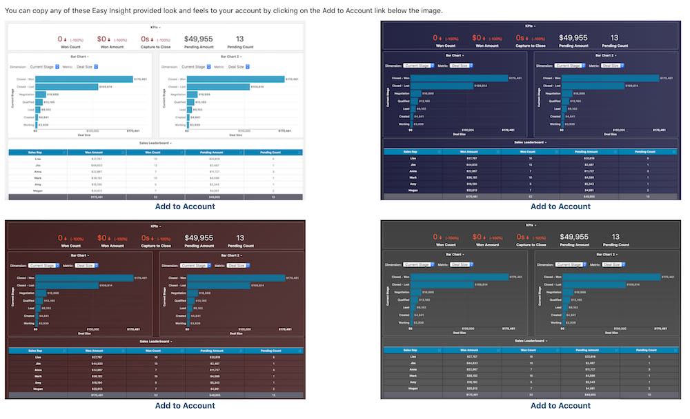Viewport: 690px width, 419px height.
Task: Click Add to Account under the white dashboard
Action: point(185,206)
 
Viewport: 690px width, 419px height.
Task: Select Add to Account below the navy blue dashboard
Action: point(560,206)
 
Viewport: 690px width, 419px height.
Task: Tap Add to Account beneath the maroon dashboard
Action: point(185,406)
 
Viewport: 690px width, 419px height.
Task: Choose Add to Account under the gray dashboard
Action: point(560,406)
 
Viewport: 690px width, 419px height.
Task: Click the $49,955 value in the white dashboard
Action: point(198,39)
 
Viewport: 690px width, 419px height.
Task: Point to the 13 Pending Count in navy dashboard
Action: point(615,38)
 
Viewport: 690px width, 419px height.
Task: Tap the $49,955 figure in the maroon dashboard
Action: point(199,237)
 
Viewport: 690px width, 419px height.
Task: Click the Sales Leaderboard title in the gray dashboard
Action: point(530,341)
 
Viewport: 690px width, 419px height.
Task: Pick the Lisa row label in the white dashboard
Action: point(37,159)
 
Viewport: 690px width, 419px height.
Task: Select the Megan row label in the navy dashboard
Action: point(413,191)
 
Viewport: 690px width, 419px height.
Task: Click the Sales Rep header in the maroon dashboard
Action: point(37,351)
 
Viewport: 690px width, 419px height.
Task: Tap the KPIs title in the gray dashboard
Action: point(530,225)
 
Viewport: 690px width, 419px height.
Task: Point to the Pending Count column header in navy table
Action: point(644,151)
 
